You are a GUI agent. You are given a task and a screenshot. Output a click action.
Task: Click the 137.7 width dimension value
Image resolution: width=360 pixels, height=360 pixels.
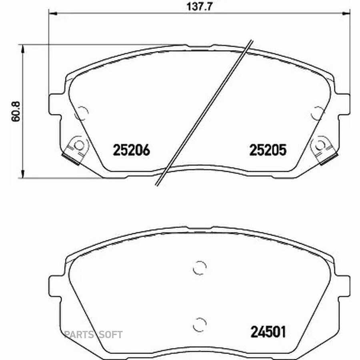pos(199,7)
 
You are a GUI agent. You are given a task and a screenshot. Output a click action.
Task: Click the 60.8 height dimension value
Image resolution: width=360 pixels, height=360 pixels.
pos(16,111)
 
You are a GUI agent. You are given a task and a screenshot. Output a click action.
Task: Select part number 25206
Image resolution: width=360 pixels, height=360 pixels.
pos(132,150)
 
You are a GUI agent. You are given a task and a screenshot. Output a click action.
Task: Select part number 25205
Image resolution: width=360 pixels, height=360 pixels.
pos(268,150)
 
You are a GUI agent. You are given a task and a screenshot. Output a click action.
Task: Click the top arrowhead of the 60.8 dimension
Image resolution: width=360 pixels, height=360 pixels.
pos(22,48)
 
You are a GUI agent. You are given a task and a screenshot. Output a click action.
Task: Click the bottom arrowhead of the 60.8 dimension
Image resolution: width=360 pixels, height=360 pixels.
pos(22,174)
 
